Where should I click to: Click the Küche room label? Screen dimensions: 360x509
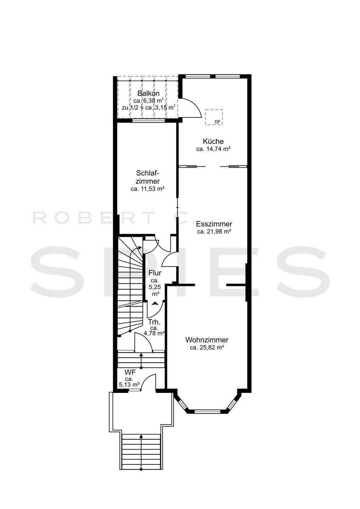coord(213,141)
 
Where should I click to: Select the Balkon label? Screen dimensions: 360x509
coord(149,93)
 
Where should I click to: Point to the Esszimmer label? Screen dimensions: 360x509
coord(214,224)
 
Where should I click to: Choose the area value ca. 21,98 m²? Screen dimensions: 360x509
coord(214,232)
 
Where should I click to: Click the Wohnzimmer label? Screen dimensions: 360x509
coord(207,340)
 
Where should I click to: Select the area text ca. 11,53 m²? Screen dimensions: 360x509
coord(147,189)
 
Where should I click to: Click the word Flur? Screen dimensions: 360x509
coord(155,273)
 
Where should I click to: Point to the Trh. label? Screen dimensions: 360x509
coord(155,322)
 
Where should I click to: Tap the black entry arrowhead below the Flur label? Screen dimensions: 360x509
coord(155,304)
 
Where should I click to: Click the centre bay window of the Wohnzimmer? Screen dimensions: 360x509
coord(207,411)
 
